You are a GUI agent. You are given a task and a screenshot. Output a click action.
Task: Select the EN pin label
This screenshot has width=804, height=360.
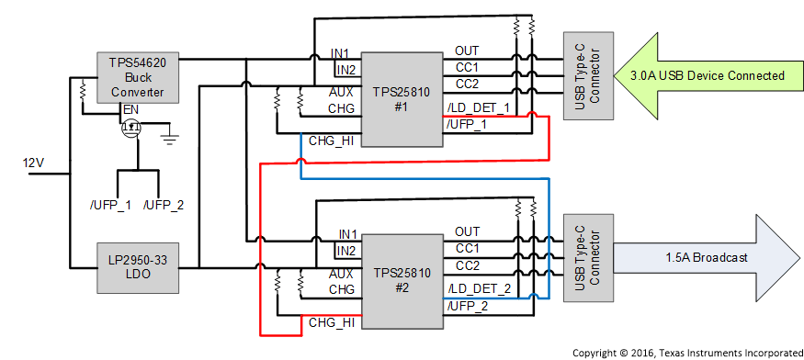tap(131, 110)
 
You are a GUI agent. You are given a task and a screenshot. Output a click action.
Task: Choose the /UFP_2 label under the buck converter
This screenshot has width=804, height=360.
tap(164, 204)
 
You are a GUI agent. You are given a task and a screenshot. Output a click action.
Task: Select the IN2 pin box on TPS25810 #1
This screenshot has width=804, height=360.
tap(345, 70)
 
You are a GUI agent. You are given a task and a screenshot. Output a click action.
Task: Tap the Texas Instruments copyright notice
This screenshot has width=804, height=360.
tap(685, 352)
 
